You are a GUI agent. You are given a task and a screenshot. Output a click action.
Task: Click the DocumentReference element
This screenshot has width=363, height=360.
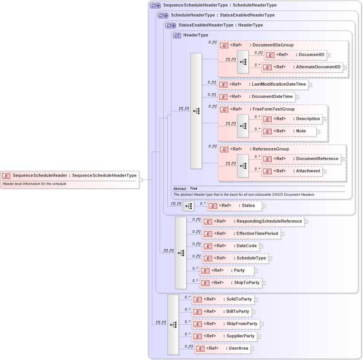click(301, 159)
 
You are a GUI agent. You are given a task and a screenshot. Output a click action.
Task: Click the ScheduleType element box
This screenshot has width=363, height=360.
click(235, 258)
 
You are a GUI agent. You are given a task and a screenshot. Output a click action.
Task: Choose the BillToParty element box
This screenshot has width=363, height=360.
click(221, 312)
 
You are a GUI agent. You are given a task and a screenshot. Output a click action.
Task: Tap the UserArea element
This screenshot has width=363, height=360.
click(223, 348)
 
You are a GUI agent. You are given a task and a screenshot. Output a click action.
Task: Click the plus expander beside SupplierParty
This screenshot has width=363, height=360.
click(259, 337)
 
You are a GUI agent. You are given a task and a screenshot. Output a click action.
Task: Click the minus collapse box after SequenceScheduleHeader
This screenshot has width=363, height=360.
click(141, 180)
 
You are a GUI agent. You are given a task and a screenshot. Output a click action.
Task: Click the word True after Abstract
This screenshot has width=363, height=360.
click(193, 189)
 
